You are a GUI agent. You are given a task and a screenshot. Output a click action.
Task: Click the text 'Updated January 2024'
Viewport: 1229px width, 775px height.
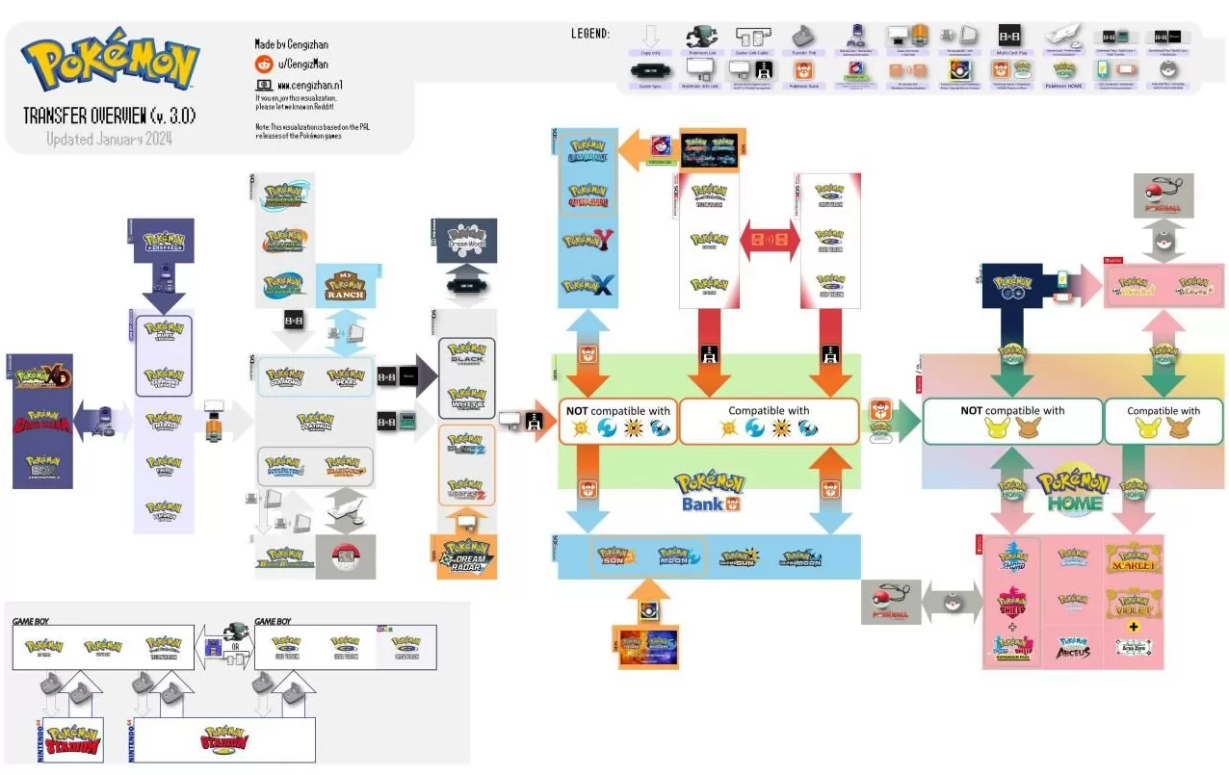[111, 139]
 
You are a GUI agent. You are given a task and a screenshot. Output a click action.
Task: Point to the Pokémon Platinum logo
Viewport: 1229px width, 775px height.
[315, 421]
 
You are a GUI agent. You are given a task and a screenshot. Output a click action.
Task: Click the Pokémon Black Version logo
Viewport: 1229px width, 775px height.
[466, 353]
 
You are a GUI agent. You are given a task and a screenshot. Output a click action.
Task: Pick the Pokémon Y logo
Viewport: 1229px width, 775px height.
[588, 242]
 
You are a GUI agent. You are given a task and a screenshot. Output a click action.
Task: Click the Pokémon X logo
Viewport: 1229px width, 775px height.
[588, 285]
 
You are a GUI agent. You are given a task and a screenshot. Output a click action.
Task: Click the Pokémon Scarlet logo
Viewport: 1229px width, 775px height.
[1134, 557]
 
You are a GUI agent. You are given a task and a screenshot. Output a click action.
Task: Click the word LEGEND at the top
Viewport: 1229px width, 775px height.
[589, 34]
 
